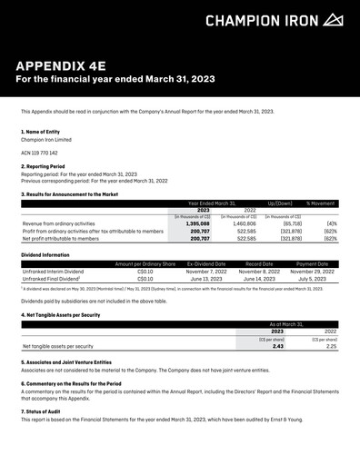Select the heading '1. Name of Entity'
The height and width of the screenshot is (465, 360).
pyautogui.click(x=42, y=132)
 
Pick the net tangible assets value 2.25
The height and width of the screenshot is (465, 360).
pyautogui.click(x=331, y=346)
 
